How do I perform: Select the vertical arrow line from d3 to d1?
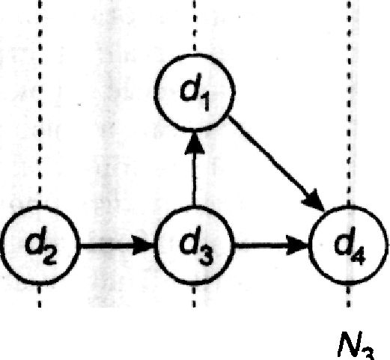click(194, 169)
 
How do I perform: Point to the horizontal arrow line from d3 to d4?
click(272, 245)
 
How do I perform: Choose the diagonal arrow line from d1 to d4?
click(276, 163)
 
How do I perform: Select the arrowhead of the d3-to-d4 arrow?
click(298, 245)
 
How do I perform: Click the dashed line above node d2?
click(40, 103)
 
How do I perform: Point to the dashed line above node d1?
click(195, 26)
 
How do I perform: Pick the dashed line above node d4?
click(349, 103)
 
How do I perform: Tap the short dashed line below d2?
click(40, 297)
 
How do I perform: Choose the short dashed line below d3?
click(194, 297)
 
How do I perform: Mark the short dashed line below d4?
click(349, 297)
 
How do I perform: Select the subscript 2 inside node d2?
click(49, 256)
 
